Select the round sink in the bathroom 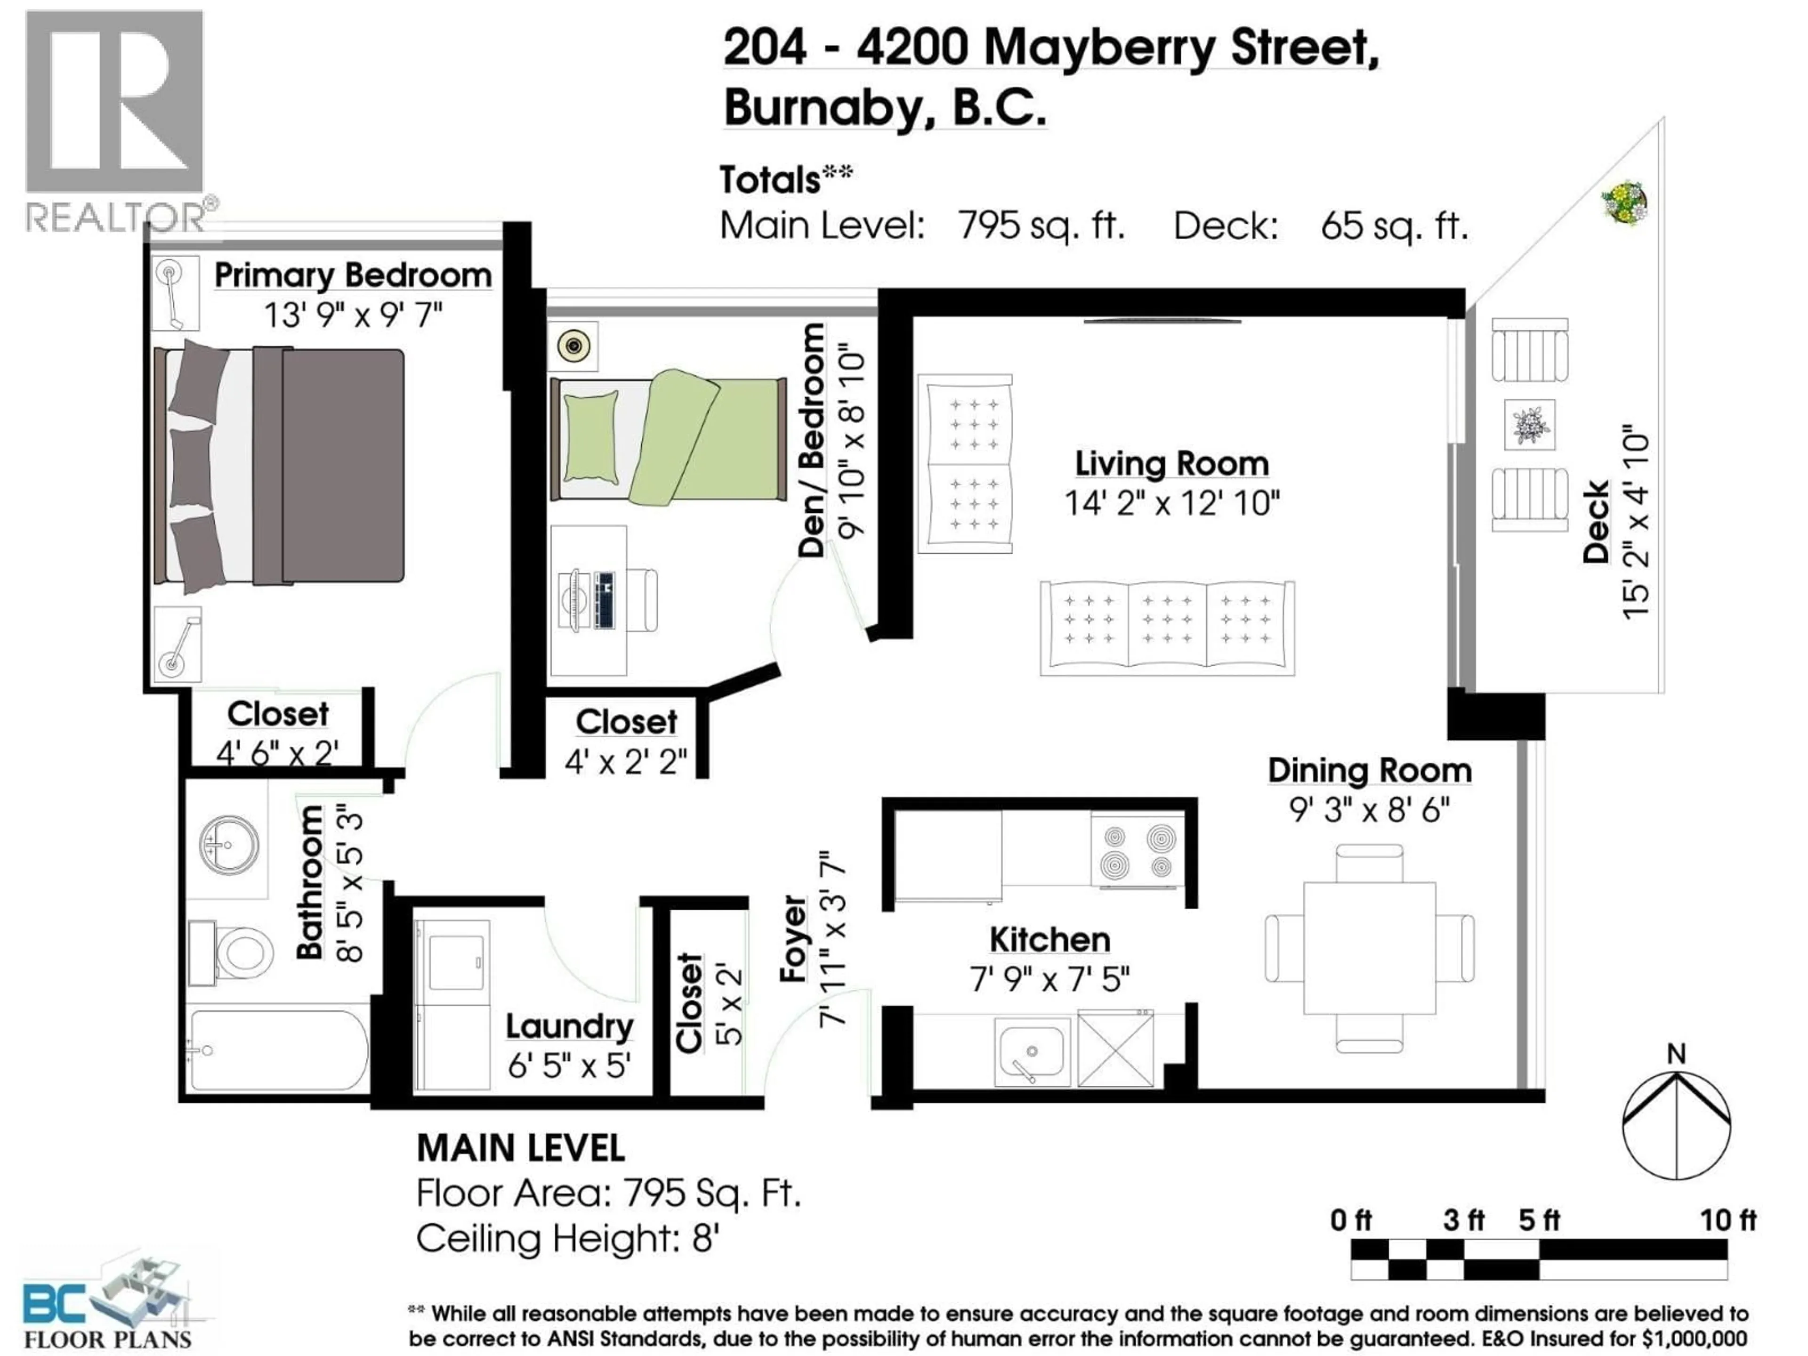pyautogui.click(x=229, y=844)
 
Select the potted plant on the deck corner pyautogui.click(x=1623, y=202)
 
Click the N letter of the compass pyautogui.click(x=1676, y=1054)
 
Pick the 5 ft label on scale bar pyautogui.click(x=1539, y=1220)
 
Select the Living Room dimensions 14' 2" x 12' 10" pyautogui.click(x=1171, y=503)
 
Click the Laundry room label pyautogui.click(x=569, y=1026)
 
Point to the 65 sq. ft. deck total pyautogui.click(x=1395, y=226)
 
